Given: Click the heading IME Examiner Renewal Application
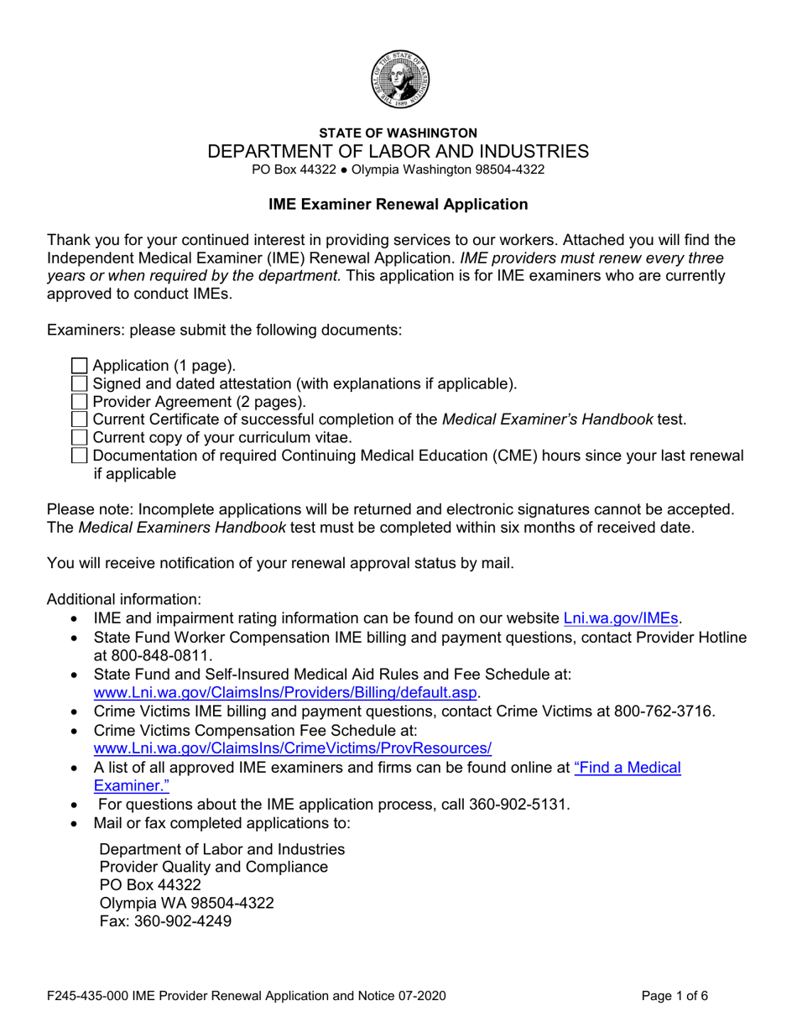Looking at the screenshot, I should click(398, 204).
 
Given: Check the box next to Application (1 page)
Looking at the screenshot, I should click(79, 366).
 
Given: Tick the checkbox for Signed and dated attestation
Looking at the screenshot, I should click(79, 384).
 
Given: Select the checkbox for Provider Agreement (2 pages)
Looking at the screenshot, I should click(79, 402).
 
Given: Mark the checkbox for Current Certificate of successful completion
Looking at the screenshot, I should click(79, 420).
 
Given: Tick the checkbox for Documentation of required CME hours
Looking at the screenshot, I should click(79, 456).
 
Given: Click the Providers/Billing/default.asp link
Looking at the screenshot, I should click(286, 692).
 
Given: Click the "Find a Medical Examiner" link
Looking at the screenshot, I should click(627, 767).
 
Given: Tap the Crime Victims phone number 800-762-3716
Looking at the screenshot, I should click(664, 711).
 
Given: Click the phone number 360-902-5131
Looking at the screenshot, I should click(519, 805).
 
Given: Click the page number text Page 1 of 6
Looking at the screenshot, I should click(675, 997).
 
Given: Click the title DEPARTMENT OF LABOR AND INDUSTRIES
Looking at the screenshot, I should click(398, 152).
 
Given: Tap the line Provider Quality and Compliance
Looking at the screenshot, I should click(214, 867).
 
